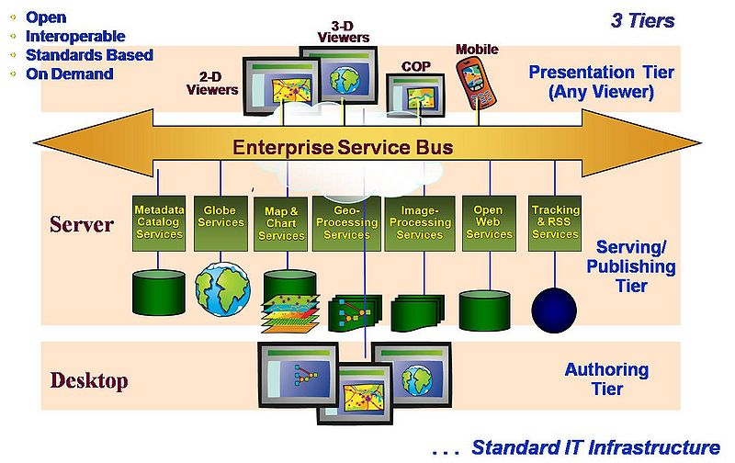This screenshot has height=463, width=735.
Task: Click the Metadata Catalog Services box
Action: [159, 221]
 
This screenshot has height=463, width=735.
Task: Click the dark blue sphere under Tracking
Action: [555, 307]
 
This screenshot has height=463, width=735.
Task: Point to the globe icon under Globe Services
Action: [221, 288]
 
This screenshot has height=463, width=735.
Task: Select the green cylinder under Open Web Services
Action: [487, 310]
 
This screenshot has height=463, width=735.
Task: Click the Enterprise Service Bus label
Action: [343, 147]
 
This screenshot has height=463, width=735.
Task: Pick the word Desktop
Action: [88, 380]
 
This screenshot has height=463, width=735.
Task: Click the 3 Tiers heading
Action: [643, 20]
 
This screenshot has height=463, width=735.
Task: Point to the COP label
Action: [415, 66]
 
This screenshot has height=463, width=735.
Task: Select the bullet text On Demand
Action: [69, 73]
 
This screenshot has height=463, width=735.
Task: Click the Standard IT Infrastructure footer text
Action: [595, 447]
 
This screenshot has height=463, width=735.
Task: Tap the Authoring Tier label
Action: [606, 379]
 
